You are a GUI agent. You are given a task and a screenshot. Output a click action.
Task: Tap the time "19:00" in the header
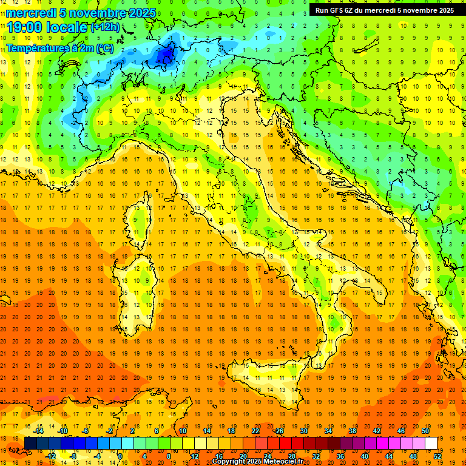26,27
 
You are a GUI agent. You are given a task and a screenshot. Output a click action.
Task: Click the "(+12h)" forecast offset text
105,27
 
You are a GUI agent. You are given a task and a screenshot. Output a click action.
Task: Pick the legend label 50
425,431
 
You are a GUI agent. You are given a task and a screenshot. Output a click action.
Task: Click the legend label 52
437,456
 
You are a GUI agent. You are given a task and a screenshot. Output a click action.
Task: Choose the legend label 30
303,431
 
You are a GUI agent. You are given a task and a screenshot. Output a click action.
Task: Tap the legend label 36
340,456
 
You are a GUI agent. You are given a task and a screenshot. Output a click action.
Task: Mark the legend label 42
376,431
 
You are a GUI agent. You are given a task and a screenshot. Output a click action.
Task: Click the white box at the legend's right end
431,443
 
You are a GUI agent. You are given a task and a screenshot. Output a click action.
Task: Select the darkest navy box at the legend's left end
30,443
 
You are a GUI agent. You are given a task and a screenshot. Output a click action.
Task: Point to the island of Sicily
276,379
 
